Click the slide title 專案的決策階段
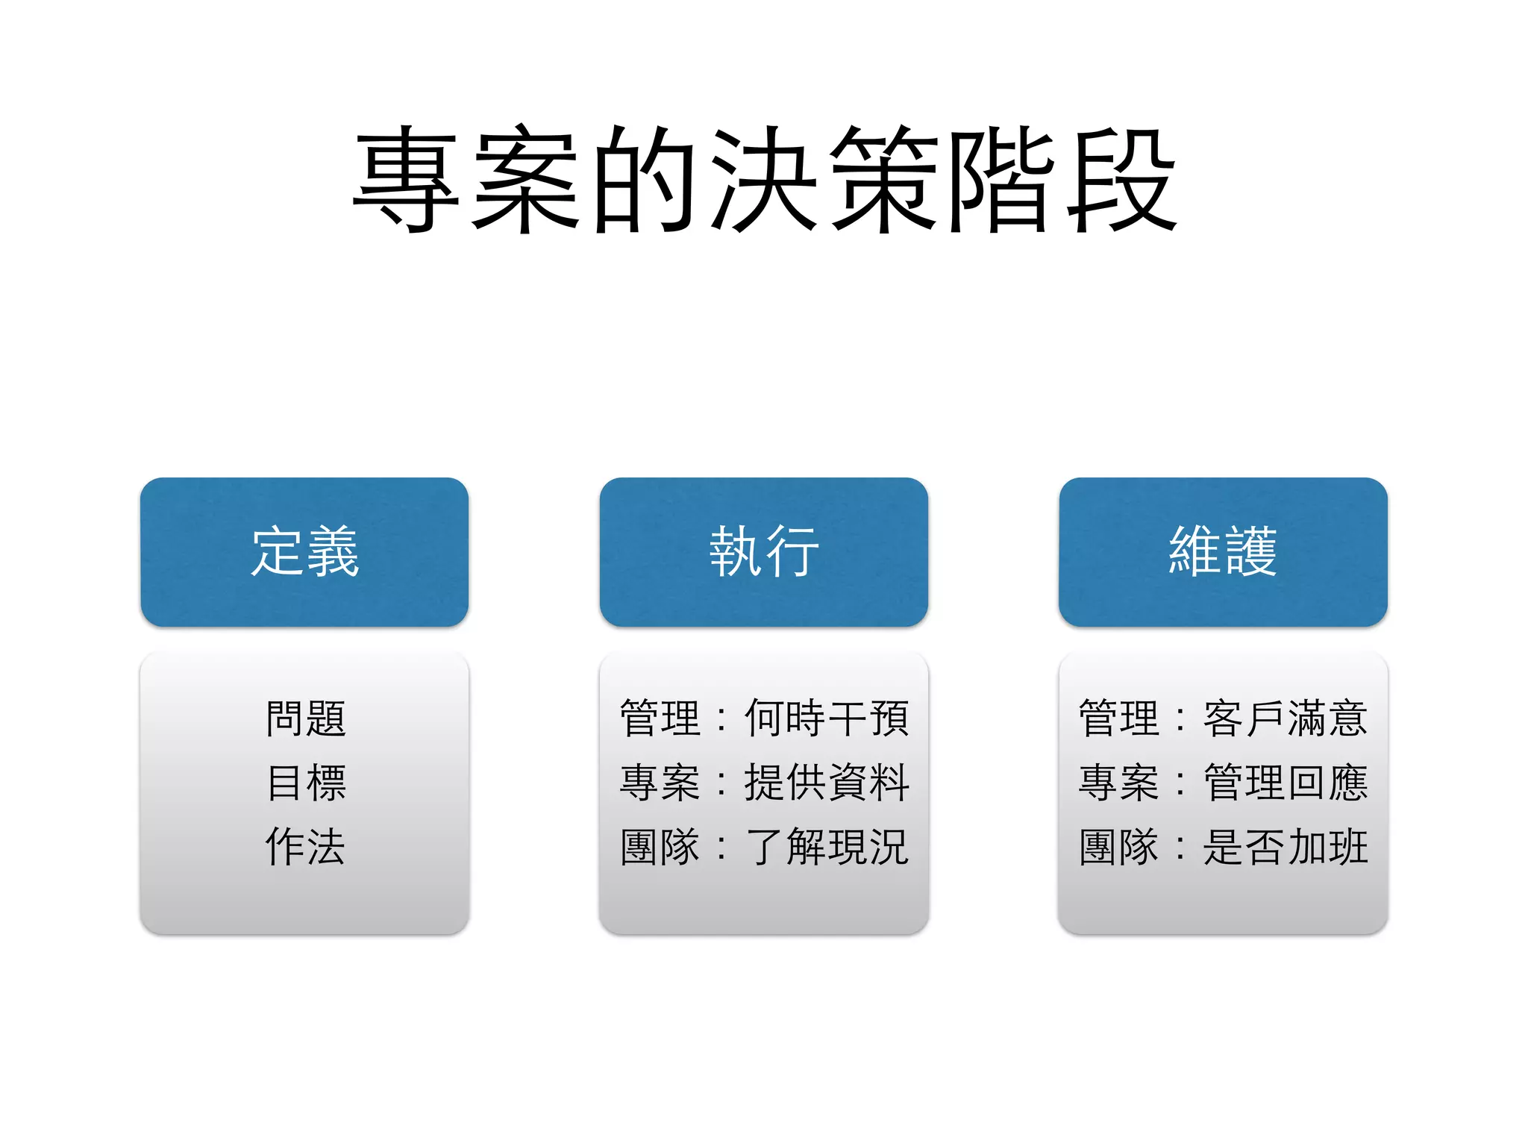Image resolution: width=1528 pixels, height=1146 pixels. (764, 179)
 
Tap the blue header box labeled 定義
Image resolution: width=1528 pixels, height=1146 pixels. (304, 552)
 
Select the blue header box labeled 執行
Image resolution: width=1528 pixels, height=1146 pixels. (764, 552)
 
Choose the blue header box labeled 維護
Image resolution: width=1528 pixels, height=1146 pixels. (1223, 552)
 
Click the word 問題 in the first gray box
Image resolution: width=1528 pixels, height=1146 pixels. (306, 718)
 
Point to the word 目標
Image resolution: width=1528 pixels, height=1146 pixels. (306, 783)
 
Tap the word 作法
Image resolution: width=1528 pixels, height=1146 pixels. (306, 847)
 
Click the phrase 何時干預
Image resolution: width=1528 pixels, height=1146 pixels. (827, 718)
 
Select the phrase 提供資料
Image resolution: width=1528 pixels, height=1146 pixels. (827, 783)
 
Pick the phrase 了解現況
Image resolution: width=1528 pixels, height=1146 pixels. (827, 847)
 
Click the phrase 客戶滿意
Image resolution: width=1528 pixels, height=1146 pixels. (1286, 718)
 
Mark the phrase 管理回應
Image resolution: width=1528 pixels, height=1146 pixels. (1286, 783)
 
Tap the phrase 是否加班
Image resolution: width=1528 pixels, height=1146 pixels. (1286, 847)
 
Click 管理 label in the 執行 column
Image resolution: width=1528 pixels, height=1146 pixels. (660, 718)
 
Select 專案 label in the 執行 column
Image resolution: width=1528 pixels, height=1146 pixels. (660, 783)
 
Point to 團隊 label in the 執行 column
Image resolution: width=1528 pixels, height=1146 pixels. (660, 847)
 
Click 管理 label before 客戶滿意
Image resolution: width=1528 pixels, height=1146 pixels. (1118, 718)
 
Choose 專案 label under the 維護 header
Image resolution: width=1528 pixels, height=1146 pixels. (1118, 783)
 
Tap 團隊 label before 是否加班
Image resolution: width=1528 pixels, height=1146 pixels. (1118, 847)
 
